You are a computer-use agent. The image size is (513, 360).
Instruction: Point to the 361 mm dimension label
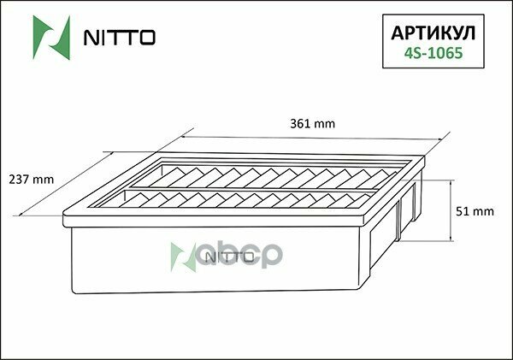[313, 124]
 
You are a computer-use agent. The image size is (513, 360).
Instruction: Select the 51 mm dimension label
[477, 210]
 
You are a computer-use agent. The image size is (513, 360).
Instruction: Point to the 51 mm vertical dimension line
[451, 210]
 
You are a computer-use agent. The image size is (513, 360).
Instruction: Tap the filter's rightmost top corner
[425, 158]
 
